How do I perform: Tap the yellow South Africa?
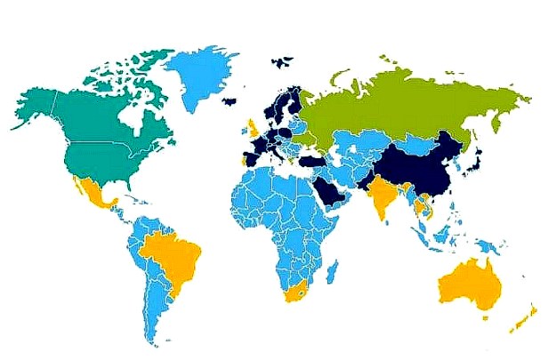coord(294,293)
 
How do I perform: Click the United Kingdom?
coord(253,130)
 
